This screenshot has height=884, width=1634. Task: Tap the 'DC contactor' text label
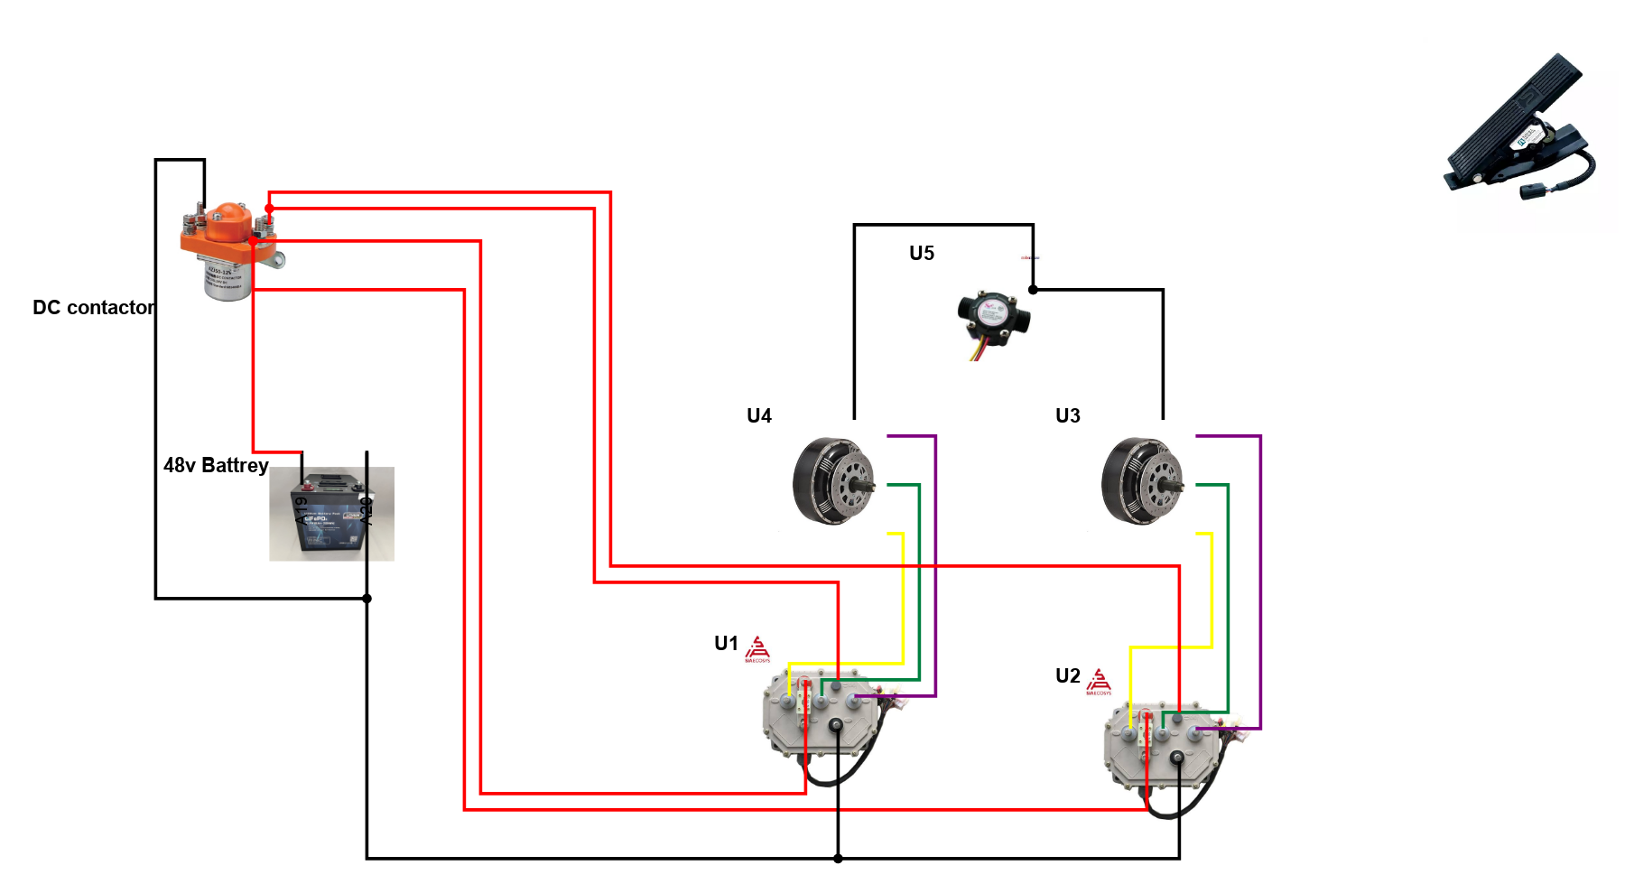click(x=94, y=308)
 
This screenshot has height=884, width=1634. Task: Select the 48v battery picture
click(x=331, y=514)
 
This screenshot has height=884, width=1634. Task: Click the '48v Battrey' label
click(x=216, y=466)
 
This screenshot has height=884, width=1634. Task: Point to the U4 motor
click(x=833, y=481)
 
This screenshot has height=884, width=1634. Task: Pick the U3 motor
click(x=1142, y=481)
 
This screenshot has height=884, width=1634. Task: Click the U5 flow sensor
click(x=993, y=321)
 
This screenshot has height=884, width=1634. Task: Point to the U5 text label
click(x=922, y=254)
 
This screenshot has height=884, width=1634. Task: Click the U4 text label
click(x=759, y=416)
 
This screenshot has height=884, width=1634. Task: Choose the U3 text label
click(x=1068, y=416)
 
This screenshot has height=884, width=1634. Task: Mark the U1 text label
click(x=726, y=644)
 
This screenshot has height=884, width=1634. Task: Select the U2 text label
click(x=1067, y=676)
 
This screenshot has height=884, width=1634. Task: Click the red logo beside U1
click(x=757, y=649)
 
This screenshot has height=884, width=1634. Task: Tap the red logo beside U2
click(x=1099, y=682)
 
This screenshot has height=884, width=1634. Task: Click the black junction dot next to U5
click(x=1033, y=290)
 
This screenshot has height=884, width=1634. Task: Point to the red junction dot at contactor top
click(x=269, y=209)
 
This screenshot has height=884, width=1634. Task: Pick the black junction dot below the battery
click(x=367, y=599)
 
